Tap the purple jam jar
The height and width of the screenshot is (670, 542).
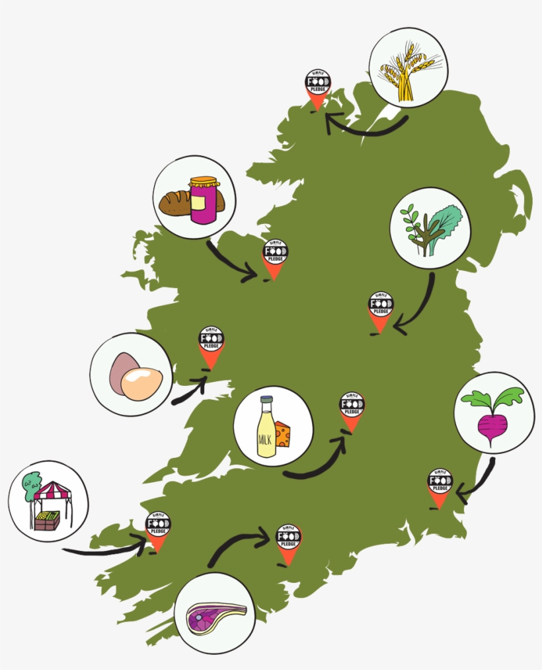tap(204, 201)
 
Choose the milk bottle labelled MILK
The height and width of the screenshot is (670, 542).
tap(267, 428)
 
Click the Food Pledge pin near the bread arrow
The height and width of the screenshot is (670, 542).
tap(275, 258)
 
